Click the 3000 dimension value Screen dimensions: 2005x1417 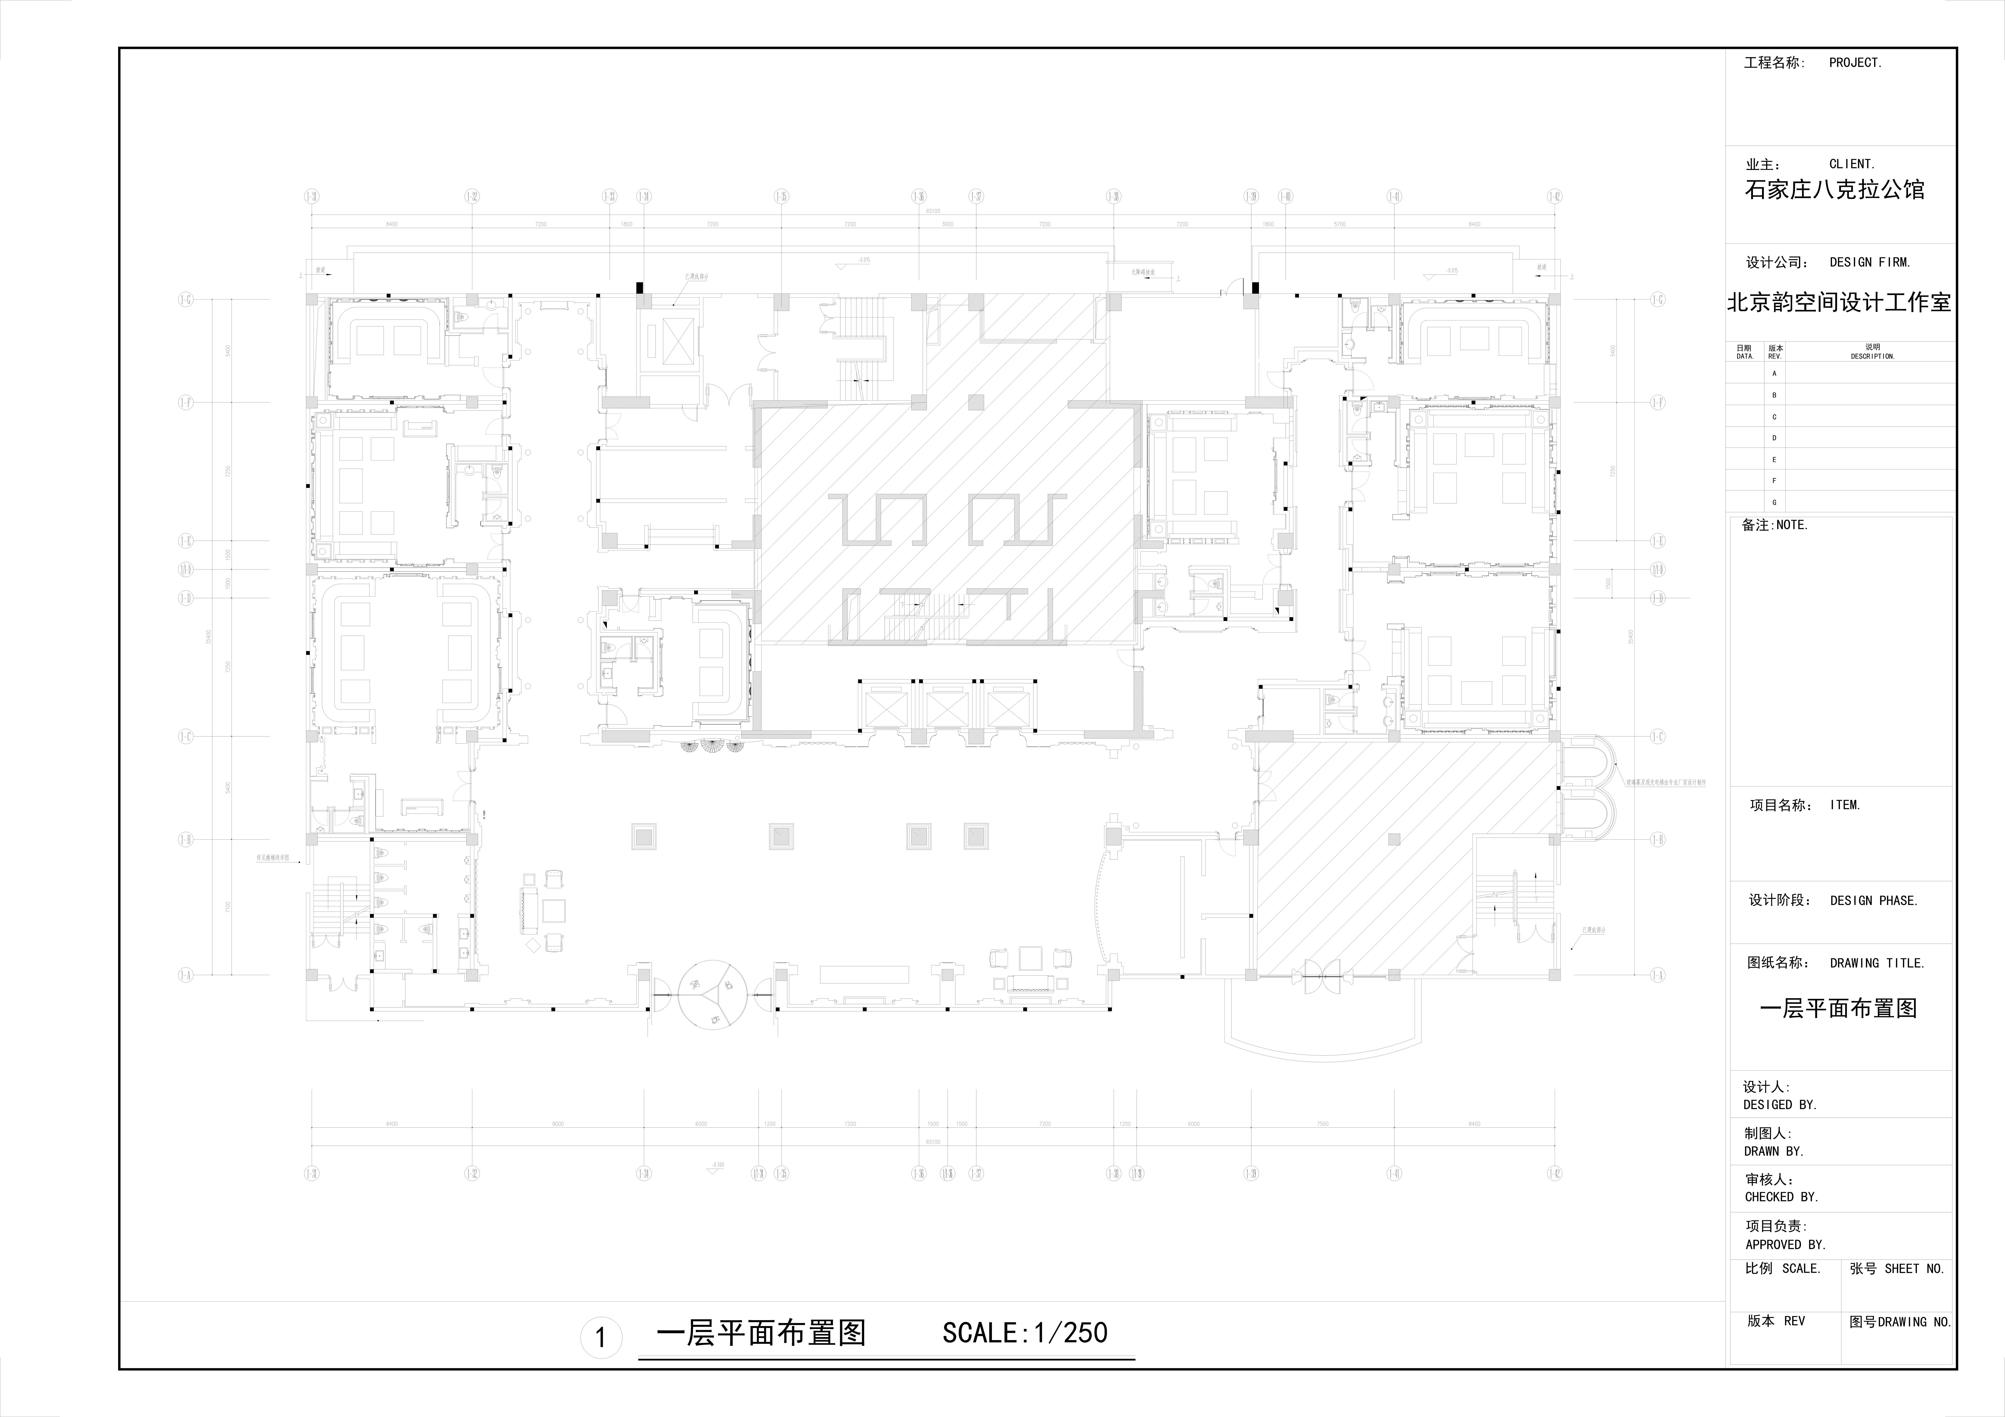pyautogui.click(x=948, y=224)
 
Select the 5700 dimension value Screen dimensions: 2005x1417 pyautogui.click(x=1340, y=224)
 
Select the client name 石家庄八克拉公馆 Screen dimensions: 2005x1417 pyautogui.click(x=1834, y=189)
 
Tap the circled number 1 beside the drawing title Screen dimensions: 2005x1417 pyautogui.click(x=601, y=1338)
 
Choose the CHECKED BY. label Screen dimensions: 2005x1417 pyautogui.click(x=1781, y=1197)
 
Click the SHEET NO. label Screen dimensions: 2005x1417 pyautogui.click(x=1914, y=1269)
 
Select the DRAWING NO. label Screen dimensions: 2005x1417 pyautogui.click(x=1914, y=1322)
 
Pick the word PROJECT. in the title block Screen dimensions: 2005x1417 pyautogui.click(x=1856, y=63)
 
